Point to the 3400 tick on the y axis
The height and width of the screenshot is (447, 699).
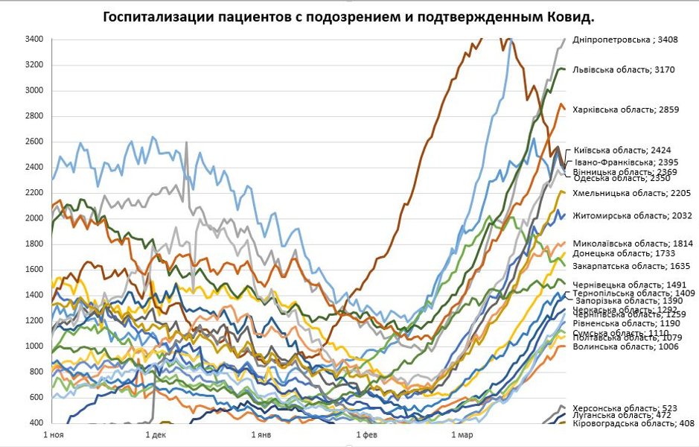tap(34, 39)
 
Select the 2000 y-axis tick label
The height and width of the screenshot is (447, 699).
tap(34, 218)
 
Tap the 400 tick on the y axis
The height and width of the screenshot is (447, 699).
tap(36, 423)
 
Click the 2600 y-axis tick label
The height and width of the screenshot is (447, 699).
tap(34, 142)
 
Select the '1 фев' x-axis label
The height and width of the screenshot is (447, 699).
tap(367, 434)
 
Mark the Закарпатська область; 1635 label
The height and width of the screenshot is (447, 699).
tap(631, 265)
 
